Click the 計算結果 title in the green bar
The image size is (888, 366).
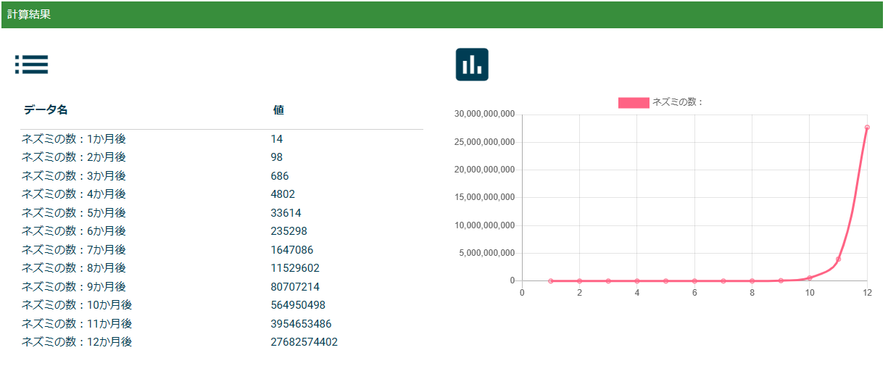click(29, 14)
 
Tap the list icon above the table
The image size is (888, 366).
click(31, 65)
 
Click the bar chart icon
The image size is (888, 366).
click(472, 65)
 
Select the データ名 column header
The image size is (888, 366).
click(46, 110)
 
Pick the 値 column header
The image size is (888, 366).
click(278, 110)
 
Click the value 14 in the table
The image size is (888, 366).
click(277, 139)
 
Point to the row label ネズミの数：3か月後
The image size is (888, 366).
click(74, 176)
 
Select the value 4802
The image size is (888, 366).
click(283, 194)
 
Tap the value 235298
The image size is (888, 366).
click(289, 231)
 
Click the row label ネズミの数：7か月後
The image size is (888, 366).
click(74, 250)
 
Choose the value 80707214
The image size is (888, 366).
click(295, 287)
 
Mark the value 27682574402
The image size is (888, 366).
click(304, 342)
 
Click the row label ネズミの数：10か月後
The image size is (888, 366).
click(77, 305)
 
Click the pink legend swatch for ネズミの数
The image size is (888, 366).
click(633, 103)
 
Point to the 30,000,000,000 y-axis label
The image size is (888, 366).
click(484, 115)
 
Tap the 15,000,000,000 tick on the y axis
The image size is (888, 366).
click(484, 197)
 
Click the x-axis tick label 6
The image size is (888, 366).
click(694, 293)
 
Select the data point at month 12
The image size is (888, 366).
click(867, 128)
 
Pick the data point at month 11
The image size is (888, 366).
click(838, 259)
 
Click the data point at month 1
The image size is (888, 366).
click(551, 280)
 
